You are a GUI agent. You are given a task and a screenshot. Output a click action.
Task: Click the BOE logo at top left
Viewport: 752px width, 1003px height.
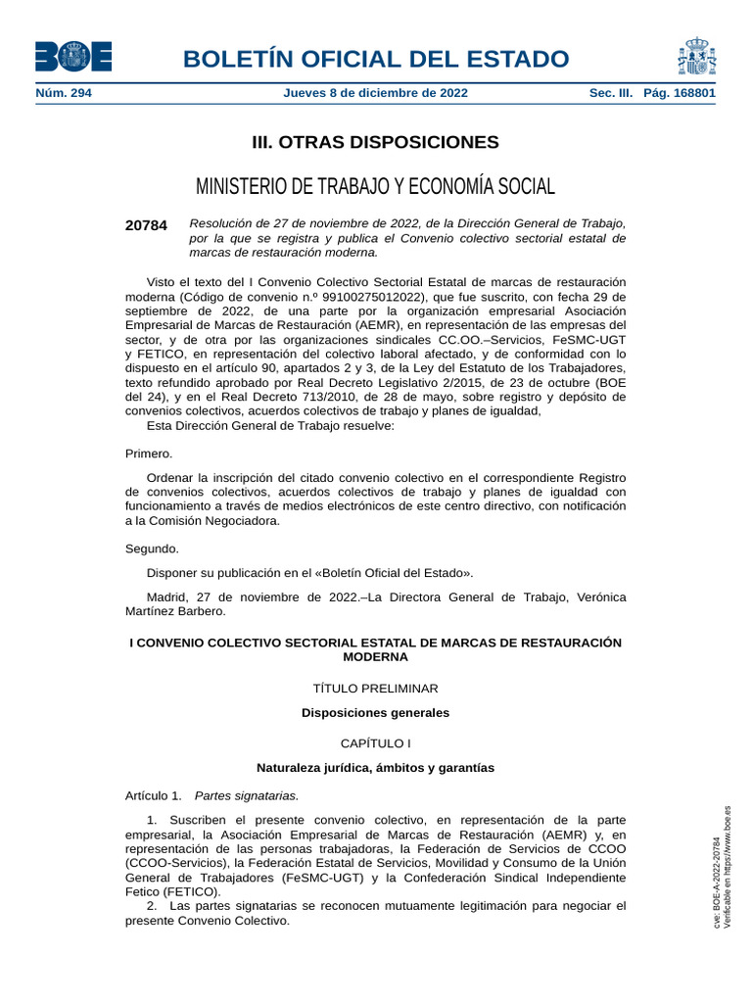pyautogui.click(x=73, y=56)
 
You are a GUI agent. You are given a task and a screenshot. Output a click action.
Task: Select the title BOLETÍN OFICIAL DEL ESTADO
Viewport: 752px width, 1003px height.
pyautogui.click(x=375, y=59)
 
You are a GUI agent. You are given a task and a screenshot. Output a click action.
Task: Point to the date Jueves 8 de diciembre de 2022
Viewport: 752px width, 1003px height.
pyautogui.click(x=375, y=93)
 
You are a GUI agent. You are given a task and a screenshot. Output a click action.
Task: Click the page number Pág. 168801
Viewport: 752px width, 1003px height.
pyautogui.click(x=680, y=93)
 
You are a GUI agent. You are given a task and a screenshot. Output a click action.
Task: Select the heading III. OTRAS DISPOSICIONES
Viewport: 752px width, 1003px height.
pyautogui.click(x=375, y=143)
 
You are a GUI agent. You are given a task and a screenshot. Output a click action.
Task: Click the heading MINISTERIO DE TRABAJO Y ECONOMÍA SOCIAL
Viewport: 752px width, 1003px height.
pyautogui.click(x=375, y=186)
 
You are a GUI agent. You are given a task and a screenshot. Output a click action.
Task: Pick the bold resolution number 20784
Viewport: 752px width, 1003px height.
pyautogui.click(x=146, y=225)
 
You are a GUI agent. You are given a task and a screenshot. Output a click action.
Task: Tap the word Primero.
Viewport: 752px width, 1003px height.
pyautogui.click(x=149, y=454)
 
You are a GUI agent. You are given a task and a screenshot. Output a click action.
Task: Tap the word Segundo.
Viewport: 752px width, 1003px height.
pyautogui.click(x=152, y=549)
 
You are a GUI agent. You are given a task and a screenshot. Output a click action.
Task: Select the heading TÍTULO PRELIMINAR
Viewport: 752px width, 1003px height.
pyautogui.click(x=375, y=689)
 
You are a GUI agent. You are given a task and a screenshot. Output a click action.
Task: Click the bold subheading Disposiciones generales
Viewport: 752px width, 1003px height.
pyautogui.click(x=375, y=713)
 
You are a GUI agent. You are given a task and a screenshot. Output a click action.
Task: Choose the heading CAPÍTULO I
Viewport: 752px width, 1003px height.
pyautogui.click(x=375, y=743)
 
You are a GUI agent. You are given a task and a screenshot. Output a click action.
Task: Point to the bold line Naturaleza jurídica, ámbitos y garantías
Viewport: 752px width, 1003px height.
pyautogui.click(x=375, y=768)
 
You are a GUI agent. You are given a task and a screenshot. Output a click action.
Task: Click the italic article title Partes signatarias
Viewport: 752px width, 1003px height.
pyautogui.click(x=247, y=795)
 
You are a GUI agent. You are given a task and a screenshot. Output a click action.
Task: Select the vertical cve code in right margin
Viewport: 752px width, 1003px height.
pyautogui.click(x=717, y=882)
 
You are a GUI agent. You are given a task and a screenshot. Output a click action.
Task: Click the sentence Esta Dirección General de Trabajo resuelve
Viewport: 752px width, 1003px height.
pyautogui.click(x=270, y=425)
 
